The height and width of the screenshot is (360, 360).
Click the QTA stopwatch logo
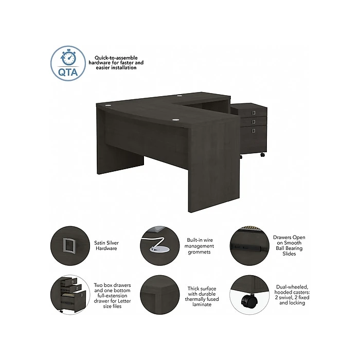tap(68, 63)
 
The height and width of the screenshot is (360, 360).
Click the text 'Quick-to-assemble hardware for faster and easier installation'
tap(116, 63)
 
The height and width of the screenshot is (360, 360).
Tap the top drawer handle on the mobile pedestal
tap(254, 113)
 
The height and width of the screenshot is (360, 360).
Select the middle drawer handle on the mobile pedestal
tap(254, 121)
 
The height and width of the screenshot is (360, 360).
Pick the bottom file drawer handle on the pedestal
tap(254, 131)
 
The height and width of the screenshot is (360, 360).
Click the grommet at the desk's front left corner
tap(108, 105)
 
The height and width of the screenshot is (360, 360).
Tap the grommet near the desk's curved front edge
tap(176, 120)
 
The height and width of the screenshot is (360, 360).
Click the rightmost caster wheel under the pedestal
tap(262, 155)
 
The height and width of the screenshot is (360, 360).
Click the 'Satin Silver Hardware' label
tap(106, 245)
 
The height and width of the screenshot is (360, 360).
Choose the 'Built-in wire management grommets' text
tap(199, 246)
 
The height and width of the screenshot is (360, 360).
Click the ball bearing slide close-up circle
tap(249, 246)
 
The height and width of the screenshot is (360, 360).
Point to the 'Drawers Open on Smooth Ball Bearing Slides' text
tap(289, 245)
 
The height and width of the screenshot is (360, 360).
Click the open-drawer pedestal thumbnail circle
tap(70, 295)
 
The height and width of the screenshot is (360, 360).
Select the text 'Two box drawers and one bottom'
tap(112, 287)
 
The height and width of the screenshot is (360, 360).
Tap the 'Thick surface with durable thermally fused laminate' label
tap(202, 296)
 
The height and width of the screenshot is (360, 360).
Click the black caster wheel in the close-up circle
tap(249, 300)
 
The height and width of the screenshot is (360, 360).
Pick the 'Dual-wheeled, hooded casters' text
tap(292, 290)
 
